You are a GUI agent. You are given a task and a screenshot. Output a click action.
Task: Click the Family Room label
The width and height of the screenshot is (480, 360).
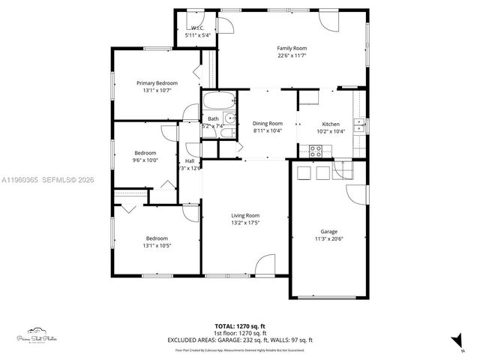292,48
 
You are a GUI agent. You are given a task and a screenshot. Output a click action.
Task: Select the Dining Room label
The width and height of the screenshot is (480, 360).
267,123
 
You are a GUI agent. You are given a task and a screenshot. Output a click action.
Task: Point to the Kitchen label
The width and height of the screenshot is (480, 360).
331,124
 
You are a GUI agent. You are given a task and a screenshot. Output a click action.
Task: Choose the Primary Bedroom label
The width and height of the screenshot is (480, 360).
157,82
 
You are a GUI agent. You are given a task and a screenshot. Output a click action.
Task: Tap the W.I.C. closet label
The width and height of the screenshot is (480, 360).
199,28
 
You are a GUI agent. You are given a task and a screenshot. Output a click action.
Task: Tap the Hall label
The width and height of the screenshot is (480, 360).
190,161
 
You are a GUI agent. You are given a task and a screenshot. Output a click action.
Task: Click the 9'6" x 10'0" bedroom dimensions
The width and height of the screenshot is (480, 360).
145,159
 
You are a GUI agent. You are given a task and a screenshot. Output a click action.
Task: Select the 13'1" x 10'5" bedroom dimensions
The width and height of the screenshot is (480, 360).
157,246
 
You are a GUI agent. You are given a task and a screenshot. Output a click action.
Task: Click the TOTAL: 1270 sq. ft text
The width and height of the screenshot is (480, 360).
240,325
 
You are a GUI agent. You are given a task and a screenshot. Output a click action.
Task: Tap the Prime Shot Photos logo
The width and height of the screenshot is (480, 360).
37,336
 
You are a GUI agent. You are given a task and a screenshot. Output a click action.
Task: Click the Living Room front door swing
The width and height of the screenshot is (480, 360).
265,266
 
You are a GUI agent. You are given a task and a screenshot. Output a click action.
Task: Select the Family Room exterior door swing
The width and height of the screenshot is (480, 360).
327,21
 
